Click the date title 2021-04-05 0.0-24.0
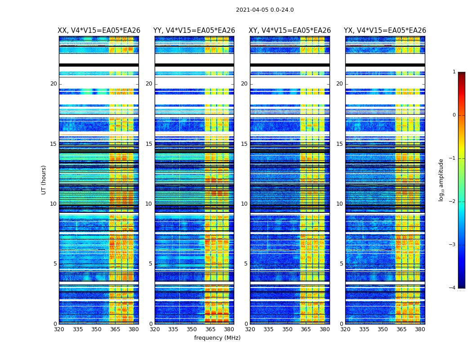(x=265, y=10)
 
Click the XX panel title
(x=99, y=31)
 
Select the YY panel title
(x=194, y=31)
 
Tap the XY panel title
(x=290, y=31)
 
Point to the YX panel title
(x=385, y=31)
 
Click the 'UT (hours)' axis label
(x=44, y=180)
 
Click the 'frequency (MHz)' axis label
(x=217, y=338)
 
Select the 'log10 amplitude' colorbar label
(x=441, y=180)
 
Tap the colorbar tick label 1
(x=454, y=72)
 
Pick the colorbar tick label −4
(x=453, y=288)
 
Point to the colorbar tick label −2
(x=453, y=202)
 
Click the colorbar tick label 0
(x=454, y=115)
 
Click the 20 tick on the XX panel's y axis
(x=53, y=84)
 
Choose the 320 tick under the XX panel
(x=59, y=329)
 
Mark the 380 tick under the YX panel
(x=420, y=329)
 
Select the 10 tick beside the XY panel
(x=244, y=204)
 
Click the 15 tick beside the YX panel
(x=339, y=144)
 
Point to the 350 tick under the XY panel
(x=287, y=329)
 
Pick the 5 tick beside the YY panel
(x=151, y=264)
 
